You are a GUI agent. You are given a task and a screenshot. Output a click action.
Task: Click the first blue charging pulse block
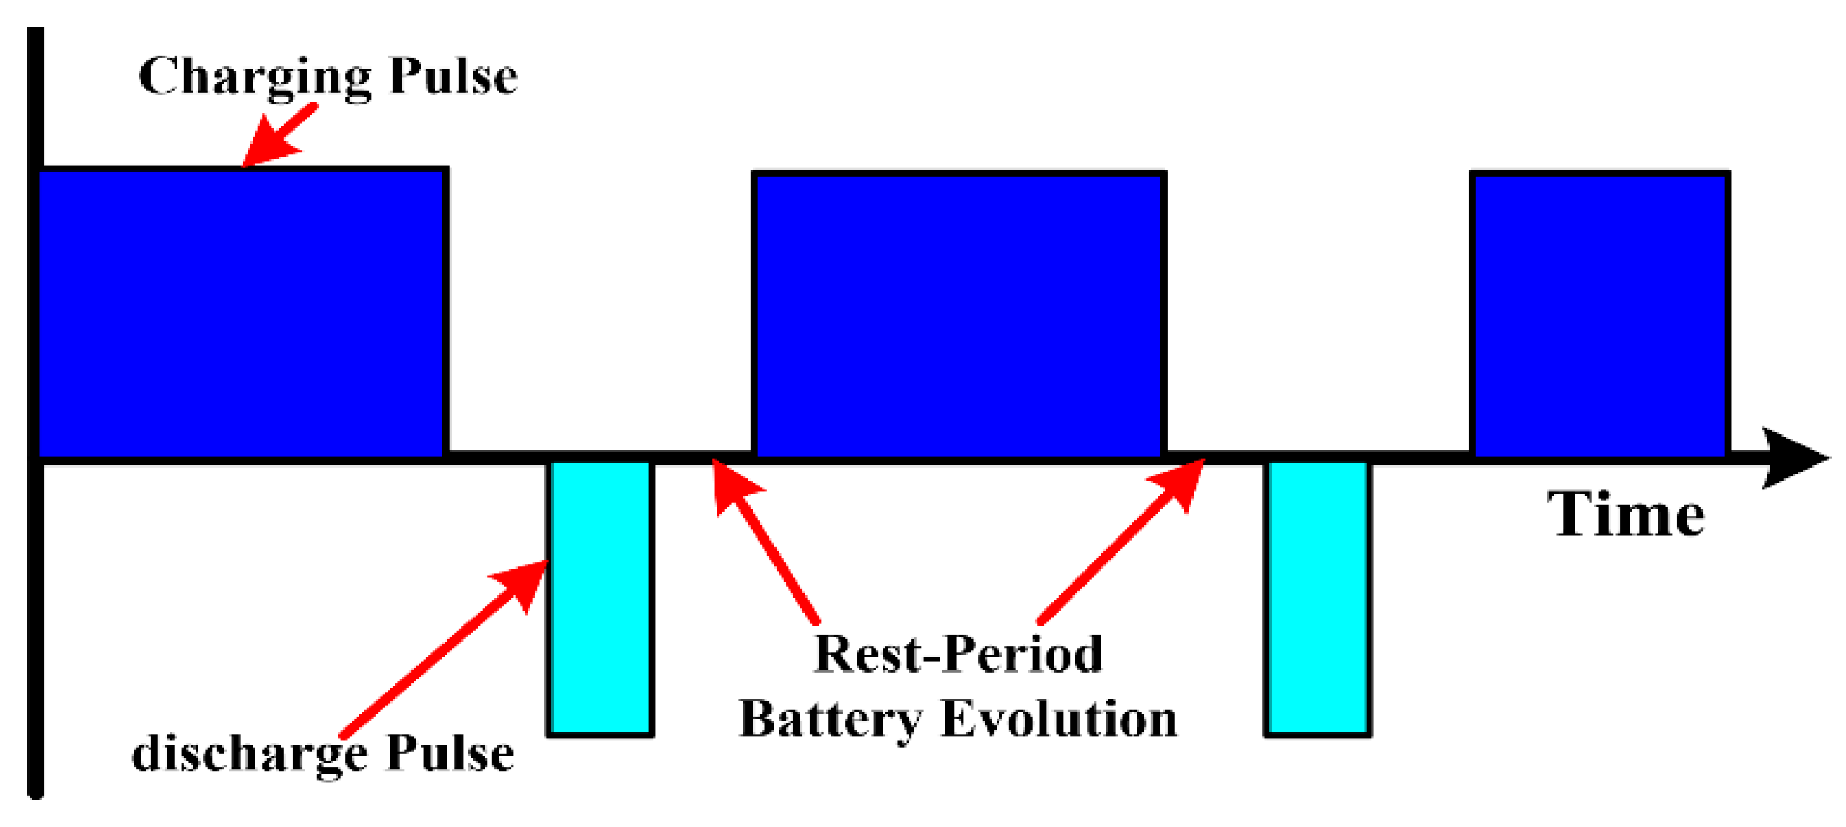coord(242,312)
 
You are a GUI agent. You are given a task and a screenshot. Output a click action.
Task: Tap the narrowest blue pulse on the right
coord(1598,315)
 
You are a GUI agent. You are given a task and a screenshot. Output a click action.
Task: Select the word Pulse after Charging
coord(452,76)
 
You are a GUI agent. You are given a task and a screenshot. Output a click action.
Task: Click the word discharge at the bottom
coord(249,755)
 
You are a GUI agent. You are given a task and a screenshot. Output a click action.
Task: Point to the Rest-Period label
coord(957,654)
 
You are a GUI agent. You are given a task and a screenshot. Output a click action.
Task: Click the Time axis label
coord(1624,515)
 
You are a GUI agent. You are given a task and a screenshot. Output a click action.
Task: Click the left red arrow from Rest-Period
coord(765,541)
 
